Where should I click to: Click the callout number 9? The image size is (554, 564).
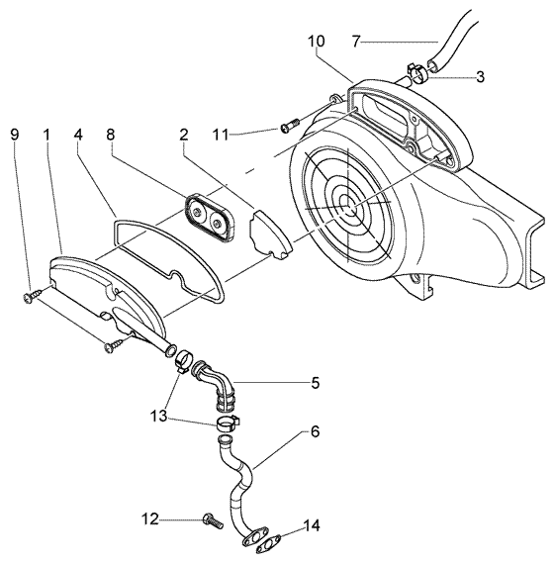13,133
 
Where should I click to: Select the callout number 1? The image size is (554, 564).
46,133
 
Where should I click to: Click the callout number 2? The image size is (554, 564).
184,133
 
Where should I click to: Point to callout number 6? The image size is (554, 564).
315,432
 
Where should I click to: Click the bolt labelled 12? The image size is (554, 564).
211,518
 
